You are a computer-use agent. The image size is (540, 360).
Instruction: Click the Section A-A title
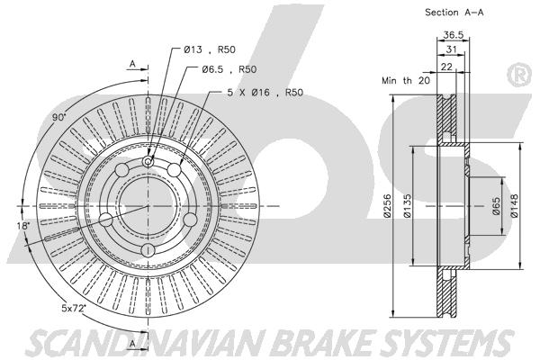pos(454,13)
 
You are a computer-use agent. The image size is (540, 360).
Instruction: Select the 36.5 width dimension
pos(454,35)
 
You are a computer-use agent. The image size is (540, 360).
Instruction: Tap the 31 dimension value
pos(451,49)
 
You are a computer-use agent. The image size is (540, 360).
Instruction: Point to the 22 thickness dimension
pos(446,67)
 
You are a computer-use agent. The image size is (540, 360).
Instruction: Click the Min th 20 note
pos(406,81)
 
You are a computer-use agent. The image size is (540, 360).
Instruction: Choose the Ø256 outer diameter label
pos(387,206)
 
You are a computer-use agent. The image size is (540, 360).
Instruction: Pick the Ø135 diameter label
pos(407,206)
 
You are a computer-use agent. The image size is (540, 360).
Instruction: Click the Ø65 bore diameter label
pos(496,206)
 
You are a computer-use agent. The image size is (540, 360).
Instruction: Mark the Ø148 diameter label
pos(514,206)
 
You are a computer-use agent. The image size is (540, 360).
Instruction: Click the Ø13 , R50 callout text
pos(210,49)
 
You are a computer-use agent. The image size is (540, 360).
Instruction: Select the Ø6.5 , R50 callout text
pos(229,69)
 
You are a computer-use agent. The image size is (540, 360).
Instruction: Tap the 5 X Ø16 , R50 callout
pos(265,93)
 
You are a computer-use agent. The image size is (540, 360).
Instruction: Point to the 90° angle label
pos(58,117)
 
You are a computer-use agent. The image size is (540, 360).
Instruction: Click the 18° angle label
pos(23,226)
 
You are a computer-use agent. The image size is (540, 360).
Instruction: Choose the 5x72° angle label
pos(74,308)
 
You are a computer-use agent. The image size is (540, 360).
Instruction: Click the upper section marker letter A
pos(132,64)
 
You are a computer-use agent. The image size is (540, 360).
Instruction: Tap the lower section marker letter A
pos(132,344)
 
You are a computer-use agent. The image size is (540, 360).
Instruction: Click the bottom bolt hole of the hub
pos(148,249)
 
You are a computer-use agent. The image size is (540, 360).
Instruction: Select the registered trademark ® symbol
pos(519,75)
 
